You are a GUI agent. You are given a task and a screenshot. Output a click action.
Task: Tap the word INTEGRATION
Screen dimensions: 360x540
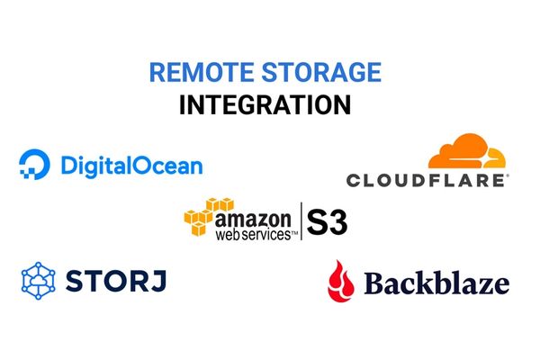[x=265, y=104]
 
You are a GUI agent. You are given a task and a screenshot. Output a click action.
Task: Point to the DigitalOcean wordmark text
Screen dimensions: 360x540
[x=131, y=166]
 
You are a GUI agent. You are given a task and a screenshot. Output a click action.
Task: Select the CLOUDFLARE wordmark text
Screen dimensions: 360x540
[x=427, y=180]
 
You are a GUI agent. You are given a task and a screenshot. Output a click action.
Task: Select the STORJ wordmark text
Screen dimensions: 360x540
[x=114, y=281]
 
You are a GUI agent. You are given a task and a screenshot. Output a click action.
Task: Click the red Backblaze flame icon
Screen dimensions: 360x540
[x=340, y=280]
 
